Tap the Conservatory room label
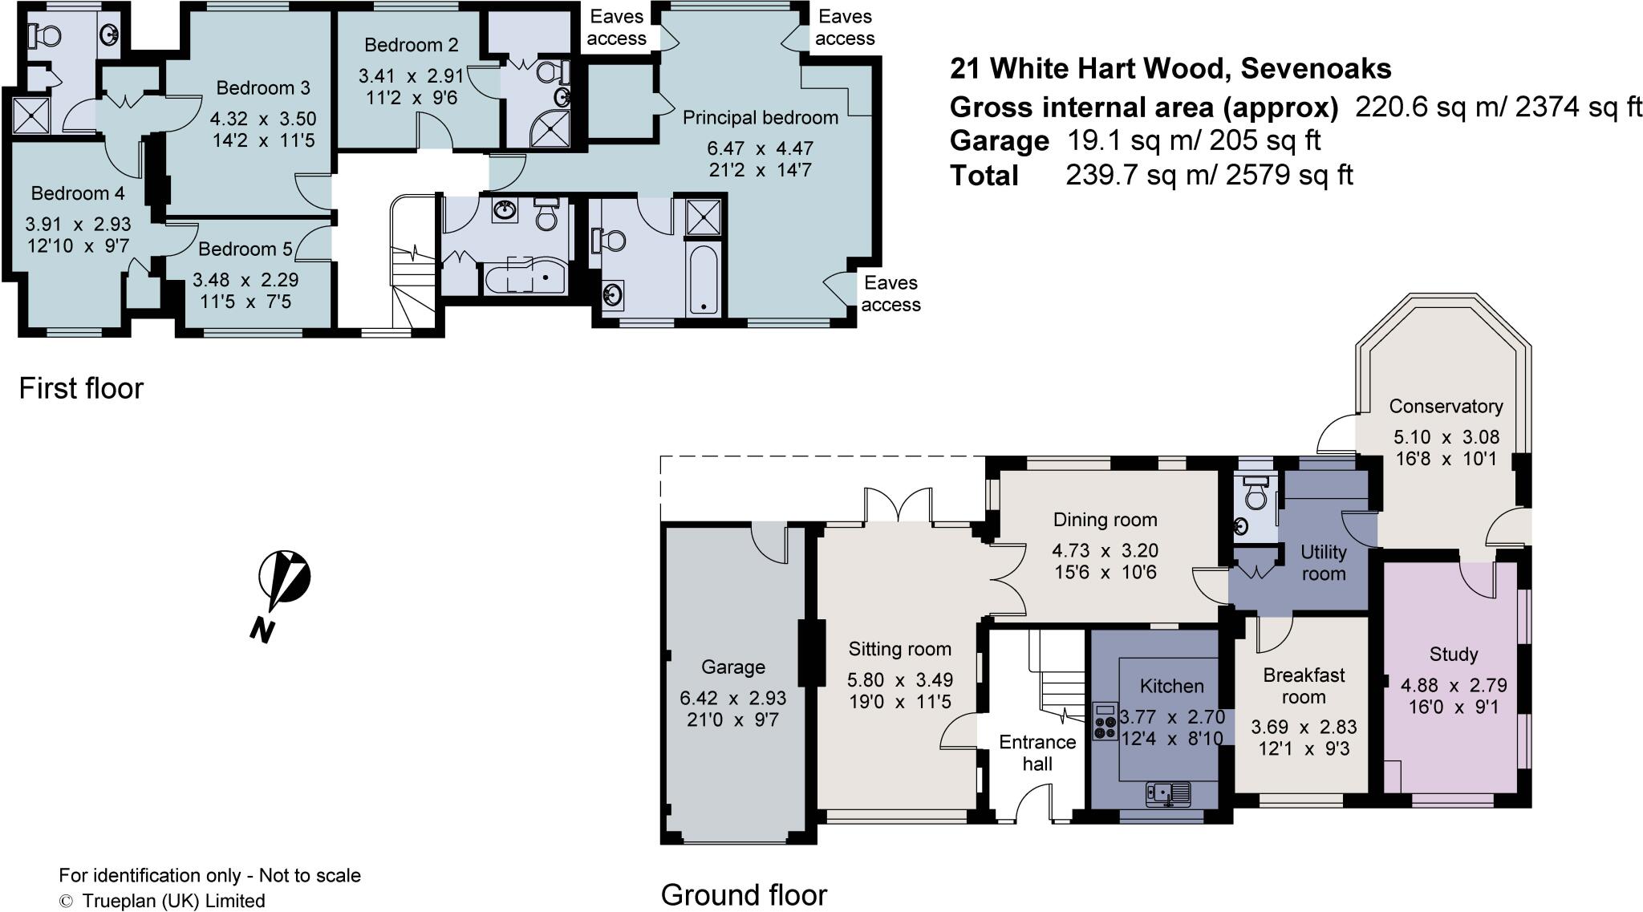coord(1446,406)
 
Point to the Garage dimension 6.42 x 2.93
coord(732,698)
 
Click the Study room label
coord(1453,655)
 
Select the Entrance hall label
coord(1037,753)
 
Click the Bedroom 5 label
coord(245,249)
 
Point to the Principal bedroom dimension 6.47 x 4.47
coord(760,148)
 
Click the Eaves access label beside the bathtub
coord(890,294)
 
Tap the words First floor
coord(81,388)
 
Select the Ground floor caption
coord(743,894)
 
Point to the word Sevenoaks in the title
coord(1316,69)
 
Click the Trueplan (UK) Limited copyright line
coord(162,901)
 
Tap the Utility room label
coord(1323,562)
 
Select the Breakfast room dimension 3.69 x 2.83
coord(1304,727)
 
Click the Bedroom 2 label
coord(411,45)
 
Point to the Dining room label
coord(1105,520)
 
